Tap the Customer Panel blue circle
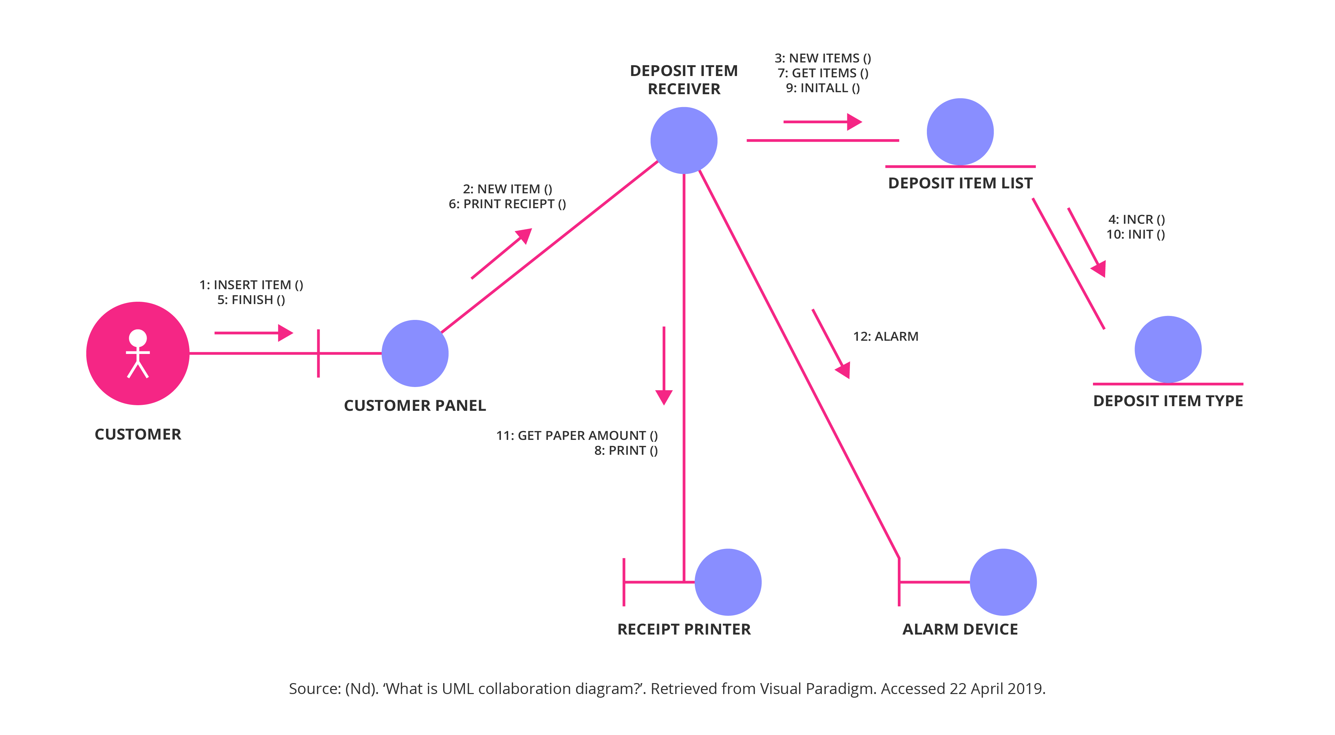tap(415, 353)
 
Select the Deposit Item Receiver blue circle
tap(684, 140)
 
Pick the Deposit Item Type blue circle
tap(1168, 349)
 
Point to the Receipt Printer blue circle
tap(728, 582)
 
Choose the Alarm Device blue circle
tap(1003, 582)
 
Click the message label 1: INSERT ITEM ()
tap(251, 285)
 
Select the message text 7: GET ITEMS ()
tap(823, 73)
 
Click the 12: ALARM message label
tap(885, 336)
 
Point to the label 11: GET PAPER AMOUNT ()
tap(576, 435)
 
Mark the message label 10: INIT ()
tap(1135, 234)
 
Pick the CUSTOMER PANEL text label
tap(415, 405)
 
